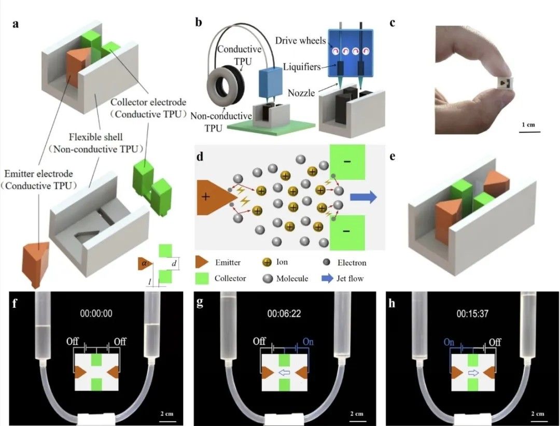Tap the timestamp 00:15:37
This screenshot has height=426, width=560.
point(472,313)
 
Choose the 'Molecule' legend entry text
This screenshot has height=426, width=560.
point(292,278)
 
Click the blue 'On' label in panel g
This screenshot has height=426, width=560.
point(308,342)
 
